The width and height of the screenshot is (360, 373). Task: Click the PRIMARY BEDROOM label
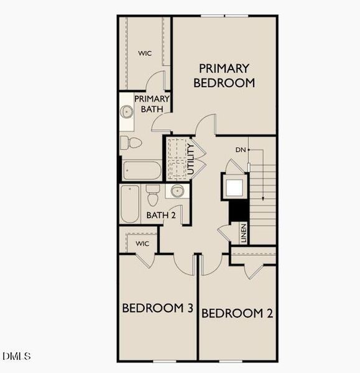pos(224,75)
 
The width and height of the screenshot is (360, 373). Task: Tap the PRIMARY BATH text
pos(152,104)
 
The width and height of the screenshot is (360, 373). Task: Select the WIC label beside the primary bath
pos(145,53)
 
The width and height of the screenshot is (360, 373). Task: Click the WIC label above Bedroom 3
pos(142,243)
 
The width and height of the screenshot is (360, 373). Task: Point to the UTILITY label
pos(192,158)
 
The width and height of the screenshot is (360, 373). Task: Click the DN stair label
pos(241,150)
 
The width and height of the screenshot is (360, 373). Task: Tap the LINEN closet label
pos(244,233)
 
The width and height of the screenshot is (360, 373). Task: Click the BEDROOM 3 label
pos(157,308)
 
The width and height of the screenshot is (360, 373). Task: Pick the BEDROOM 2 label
pos(237,313)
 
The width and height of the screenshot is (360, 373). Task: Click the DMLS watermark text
pos(17,356)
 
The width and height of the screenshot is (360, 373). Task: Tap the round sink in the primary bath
pos(127,112)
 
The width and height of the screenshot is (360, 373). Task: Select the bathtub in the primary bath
pos(142,170)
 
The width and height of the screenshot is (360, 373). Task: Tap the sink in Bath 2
pos(177,191)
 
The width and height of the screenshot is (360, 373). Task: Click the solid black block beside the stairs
pos(239,211)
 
